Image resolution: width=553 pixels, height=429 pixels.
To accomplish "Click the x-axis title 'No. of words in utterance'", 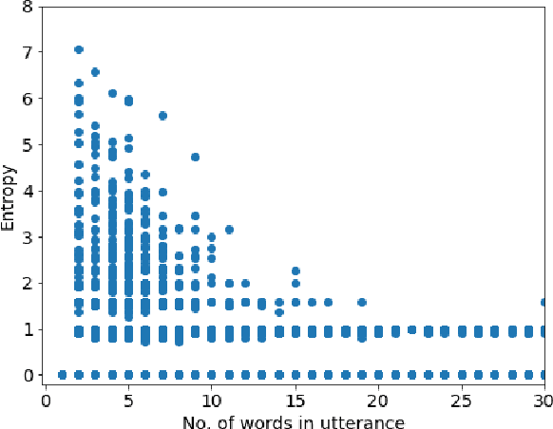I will pos(296,419).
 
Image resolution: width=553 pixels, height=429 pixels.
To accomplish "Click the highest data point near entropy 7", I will pos(79,49).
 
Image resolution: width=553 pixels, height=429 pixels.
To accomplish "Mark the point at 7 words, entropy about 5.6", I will pos(162,116).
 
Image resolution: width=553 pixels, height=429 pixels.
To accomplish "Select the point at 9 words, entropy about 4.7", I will pos(196,158).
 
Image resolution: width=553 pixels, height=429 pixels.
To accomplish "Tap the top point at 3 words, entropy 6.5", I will pos(95,72).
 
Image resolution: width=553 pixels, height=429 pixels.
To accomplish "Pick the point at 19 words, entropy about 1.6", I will pos(362,303).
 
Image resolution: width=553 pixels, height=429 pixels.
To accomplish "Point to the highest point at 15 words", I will pos(296,271).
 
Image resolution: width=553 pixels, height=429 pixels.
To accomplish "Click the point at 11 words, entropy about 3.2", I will pos(229,229).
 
